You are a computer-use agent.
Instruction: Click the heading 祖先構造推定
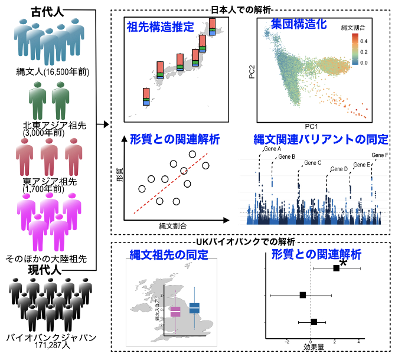click(159, 27)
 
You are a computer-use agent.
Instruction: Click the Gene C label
click(312, 162)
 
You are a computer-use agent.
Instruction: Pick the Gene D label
click(339, 169)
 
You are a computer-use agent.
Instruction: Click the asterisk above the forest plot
click(342, 263)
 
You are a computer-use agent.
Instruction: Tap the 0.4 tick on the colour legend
click(364, 41)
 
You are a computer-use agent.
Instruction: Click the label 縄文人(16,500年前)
click(53, 72)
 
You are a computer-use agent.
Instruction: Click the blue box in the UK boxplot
click(194, 307)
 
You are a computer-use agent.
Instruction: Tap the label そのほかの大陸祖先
click(46, 258)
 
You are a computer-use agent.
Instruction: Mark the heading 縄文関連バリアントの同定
click(321, 140)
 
